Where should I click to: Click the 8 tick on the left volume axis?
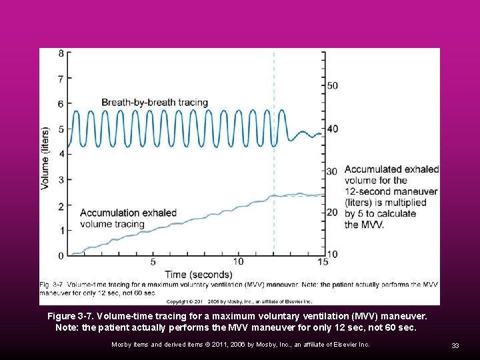tap(61, 53)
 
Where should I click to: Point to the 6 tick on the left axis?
tap(61, 104)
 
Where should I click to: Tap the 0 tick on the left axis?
tap(61, 256)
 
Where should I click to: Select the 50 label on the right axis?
tap(332, 85)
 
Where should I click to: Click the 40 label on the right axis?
tap(332, 129)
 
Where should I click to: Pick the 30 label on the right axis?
tap(332, 171)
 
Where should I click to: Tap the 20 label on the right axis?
tap(332, 212)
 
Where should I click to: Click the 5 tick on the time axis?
tap(153, 262)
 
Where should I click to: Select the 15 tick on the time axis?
tap(323, 262)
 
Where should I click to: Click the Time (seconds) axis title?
tap(199, 274)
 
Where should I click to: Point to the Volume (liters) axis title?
tap(45, 158)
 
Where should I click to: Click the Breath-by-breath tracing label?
tap(155, 103)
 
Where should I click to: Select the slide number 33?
tap(455, 345)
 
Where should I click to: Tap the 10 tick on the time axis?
tap(238, 262)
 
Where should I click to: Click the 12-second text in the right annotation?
tap(367, 191)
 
